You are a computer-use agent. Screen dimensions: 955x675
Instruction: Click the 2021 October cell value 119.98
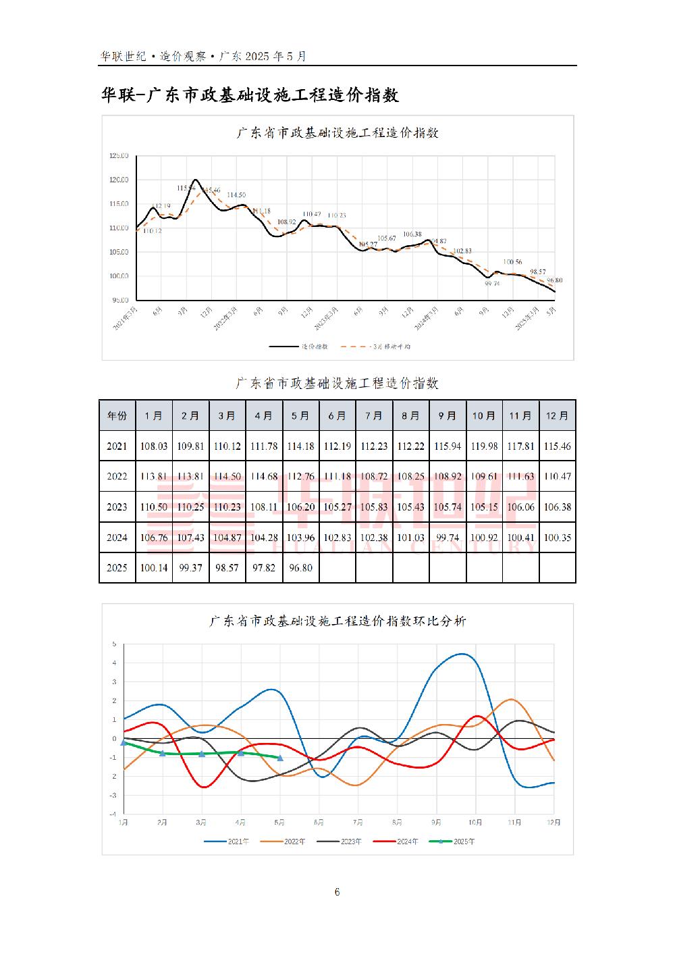pyautogui.click(x=483, y=446)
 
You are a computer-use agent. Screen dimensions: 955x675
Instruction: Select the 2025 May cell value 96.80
pyautogui.click(x=300, y=568)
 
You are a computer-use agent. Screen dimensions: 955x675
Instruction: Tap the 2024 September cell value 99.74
pyautogui.click(x=447, y=538)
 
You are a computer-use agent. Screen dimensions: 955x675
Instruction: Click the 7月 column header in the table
pyautogui.click(x=373, y=415)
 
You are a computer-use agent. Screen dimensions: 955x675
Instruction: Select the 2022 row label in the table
pyautogui.click(x=117, y=476)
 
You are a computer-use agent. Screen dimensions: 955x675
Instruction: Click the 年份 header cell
pyautogui.click(x=117, y=415)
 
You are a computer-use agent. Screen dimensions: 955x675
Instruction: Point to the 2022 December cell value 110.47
pyautogui.click(x=557, y=476)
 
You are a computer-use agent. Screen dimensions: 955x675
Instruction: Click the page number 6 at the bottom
pyautogui.click(x=337, y=892)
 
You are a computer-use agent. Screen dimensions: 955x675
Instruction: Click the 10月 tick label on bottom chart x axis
pyautogui.click(x=476, y=823)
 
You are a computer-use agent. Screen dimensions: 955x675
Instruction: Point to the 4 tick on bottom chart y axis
pyautogui.click(x=115, y=663)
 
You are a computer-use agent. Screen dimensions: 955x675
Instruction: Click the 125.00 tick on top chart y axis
pyautogui.click(x=119, y=156)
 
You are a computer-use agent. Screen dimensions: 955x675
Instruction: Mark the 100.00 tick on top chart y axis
pyautogui.click(x=119, y=276)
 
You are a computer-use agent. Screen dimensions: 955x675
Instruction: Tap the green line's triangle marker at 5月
pyautogui.click(x=280, y=758)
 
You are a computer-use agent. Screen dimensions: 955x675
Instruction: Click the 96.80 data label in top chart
pyautogui.click(x=555, y=280)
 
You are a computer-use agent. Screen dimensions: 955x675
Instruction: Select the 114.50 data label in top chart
pyautogui.click(x=236, y=195)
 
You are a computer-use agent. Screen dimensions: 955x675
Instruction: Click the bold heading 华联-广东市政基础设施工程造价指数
pyautogui.click(x=250, y=95)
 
